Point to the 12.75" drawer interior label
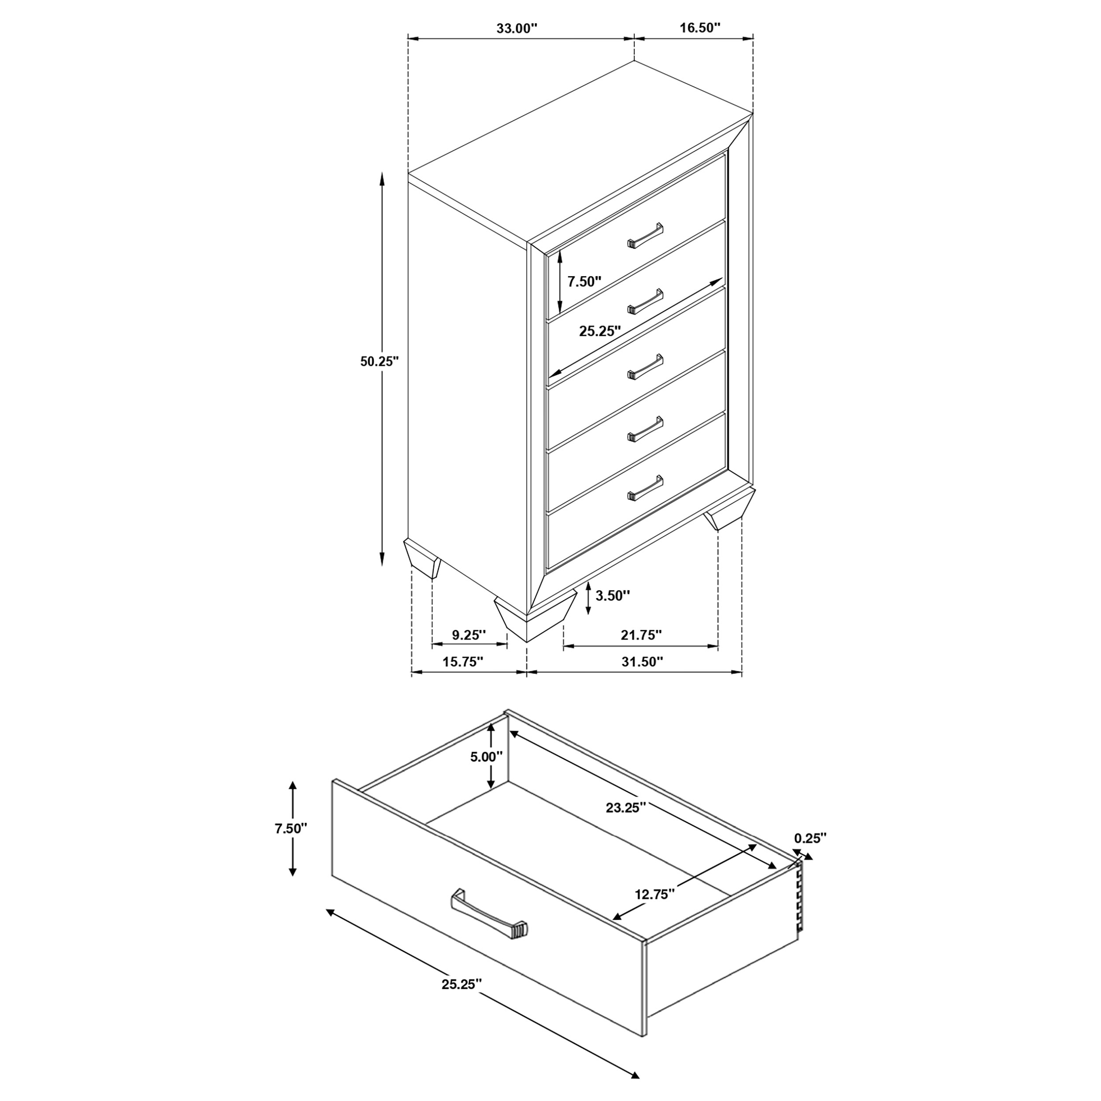pyautogui.click(x=655, y=894)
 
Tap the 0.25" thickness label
pyautogui.click(x=810, y=838)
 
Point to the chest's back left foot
pyautogui.click(x=422, y=558)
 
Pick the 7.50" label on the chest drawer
pyautogui.click(x=584, y=281)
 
